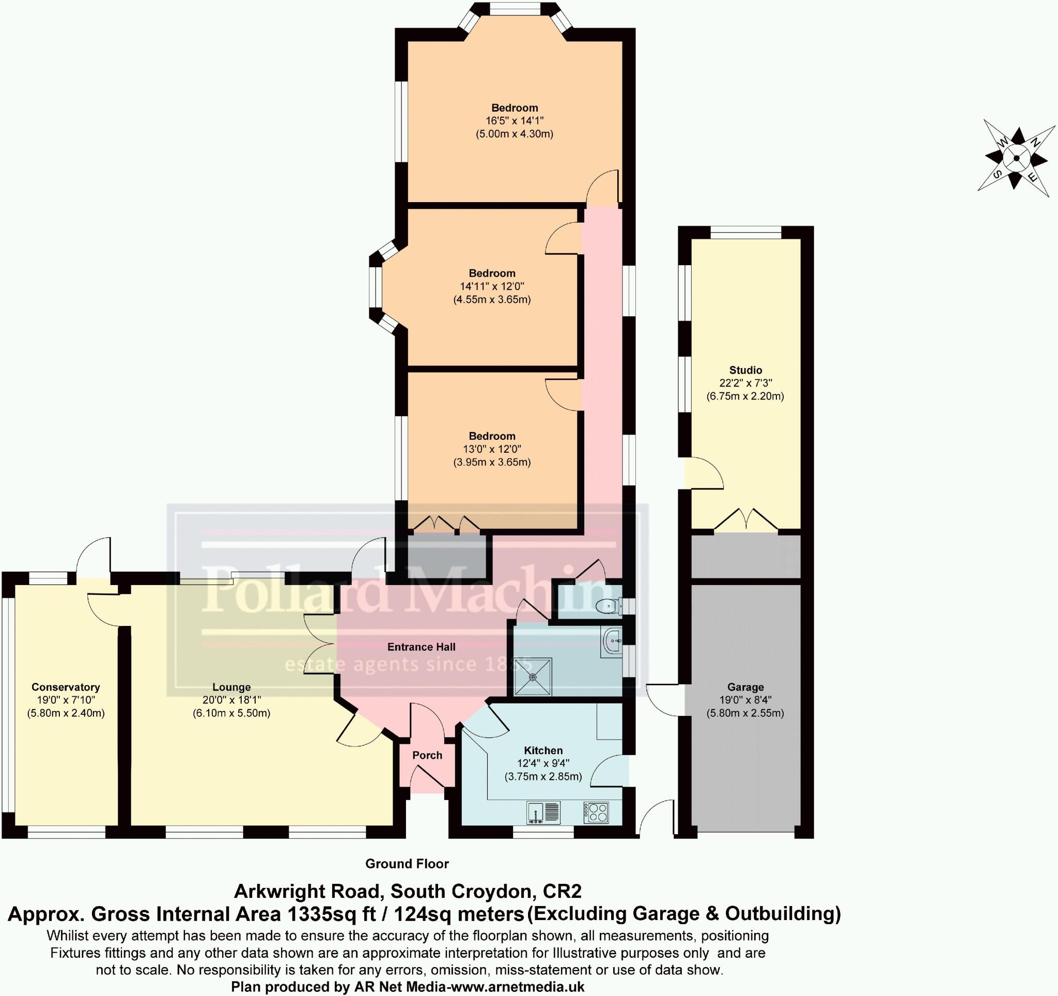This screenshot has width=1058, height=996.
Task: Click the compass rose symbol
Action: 1016,158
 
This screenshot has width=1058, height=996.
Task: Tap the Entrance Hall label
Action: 421,647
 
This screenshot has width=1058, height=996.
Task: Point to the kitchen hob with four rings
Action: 596,813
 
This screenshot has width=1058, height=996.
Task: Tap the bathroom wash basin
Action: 613,640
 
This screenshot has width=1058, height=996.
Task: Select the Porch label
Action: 427,755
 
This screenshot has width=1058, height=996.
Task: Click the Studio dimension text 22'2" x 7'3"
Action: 745,383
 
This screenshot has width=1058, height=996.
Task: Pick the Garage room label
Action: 745,687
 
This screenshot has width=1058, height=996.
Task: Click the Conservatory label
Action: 66,687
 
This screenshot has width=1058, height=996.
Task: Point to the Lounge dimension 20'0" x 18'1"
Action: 231,700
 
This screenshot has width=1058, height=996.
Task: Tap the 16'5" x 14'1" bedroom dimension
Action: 514,121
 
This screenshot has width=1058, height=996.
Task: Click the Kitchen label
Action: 543,750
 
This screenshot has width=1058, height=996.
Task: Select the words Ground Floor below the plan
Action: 407,864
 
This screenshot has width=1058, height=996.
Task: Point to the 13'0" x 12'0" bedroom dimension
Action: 492,449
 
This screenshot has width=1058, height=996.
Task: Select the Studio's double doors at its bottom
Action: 745,520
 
